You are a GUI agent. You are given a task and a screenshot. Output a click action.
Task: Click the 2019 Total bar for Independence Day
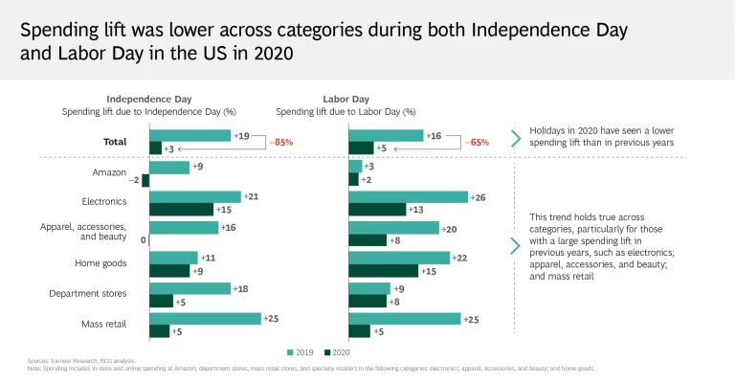[x=190, y=136]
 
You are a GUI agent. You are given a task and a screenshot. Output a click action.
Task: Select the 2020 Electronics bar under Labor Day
[x=377, y=209]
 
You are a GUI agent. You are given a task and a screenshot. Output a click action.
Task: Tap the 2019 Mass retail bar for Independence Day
[x=206, y=318]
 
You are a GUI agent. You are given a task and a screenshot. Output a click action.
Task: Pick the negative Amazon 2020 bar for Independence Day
[x=145, y=180]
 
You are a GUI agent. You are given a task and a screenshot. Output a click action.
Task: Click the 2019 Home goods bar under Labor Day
[x=399, y=258]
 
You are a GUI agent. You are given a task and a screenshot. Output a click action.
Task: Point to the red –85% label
[x=282, y=143]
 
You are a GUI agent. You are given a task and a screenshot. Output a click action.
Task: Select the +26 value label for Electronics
[x=479, y=196]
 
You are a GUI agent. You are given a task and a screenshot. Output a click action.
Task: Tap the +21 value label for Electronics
[x=252, y=196]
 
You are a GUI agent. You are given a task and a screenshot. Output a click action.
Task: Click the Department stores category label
[x=88, y=294]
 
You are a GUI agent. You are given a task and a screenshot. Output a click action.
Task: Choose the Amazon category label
[x=109, y=172]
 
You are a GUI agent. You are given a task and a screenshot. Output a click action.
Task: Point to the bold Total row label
[x=116, y=141]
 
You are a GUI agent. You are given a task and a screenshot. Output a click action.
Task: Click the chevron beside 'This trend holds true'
[x=516, y=245]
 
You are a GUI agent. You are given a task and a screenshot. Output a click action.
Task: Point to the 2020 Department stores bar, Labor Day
[x=367, y=301]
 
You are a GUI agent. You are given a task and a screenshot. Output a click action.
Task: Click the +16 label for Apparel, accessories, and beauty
[x=228, y=227]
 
